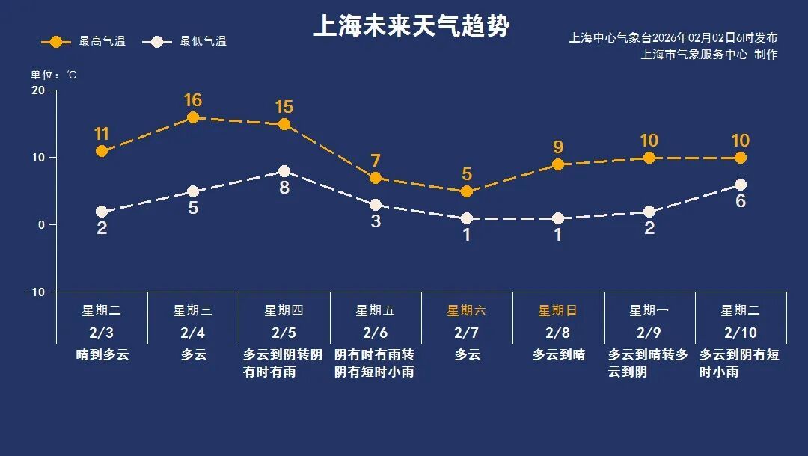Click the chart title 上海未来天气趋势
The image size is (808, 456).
[x=411, y=26]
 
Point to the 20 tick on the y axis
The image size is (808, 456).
[x=37, y=90]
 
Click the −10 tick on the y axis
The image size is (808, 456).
[x=35, y=292]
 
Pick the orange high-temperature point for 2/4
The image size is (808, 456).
[x=193, y=117]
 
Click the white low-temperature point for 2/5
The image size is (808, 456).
[x=284, y=171]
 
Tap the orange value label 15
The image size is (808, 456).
[x=284, y=107]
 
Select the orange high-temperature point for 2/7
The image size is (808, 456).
[x=467, y=191]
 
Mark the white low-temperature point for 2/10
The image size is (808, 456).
[x=741, y=185]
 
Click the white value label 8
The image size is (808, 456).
[x=284, y=188]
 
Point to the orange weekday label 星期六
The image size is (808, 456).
[x=467, y=311]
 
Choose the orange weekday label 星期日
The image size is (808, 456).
[x=558, y=311]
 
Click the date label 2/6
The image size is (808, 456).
[x=376, y=333]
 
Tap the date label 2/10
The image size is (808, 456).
[x=741, y=333]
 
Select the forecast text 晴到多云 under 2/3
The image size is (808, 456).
[x=102, y=355]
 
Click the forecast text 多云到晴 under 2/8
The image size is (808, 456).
[x=558, y=355]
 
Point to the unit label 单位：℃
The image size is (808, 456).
[x=53, y=75]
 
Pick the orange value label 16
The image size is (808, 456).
[x=193, y=100]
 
